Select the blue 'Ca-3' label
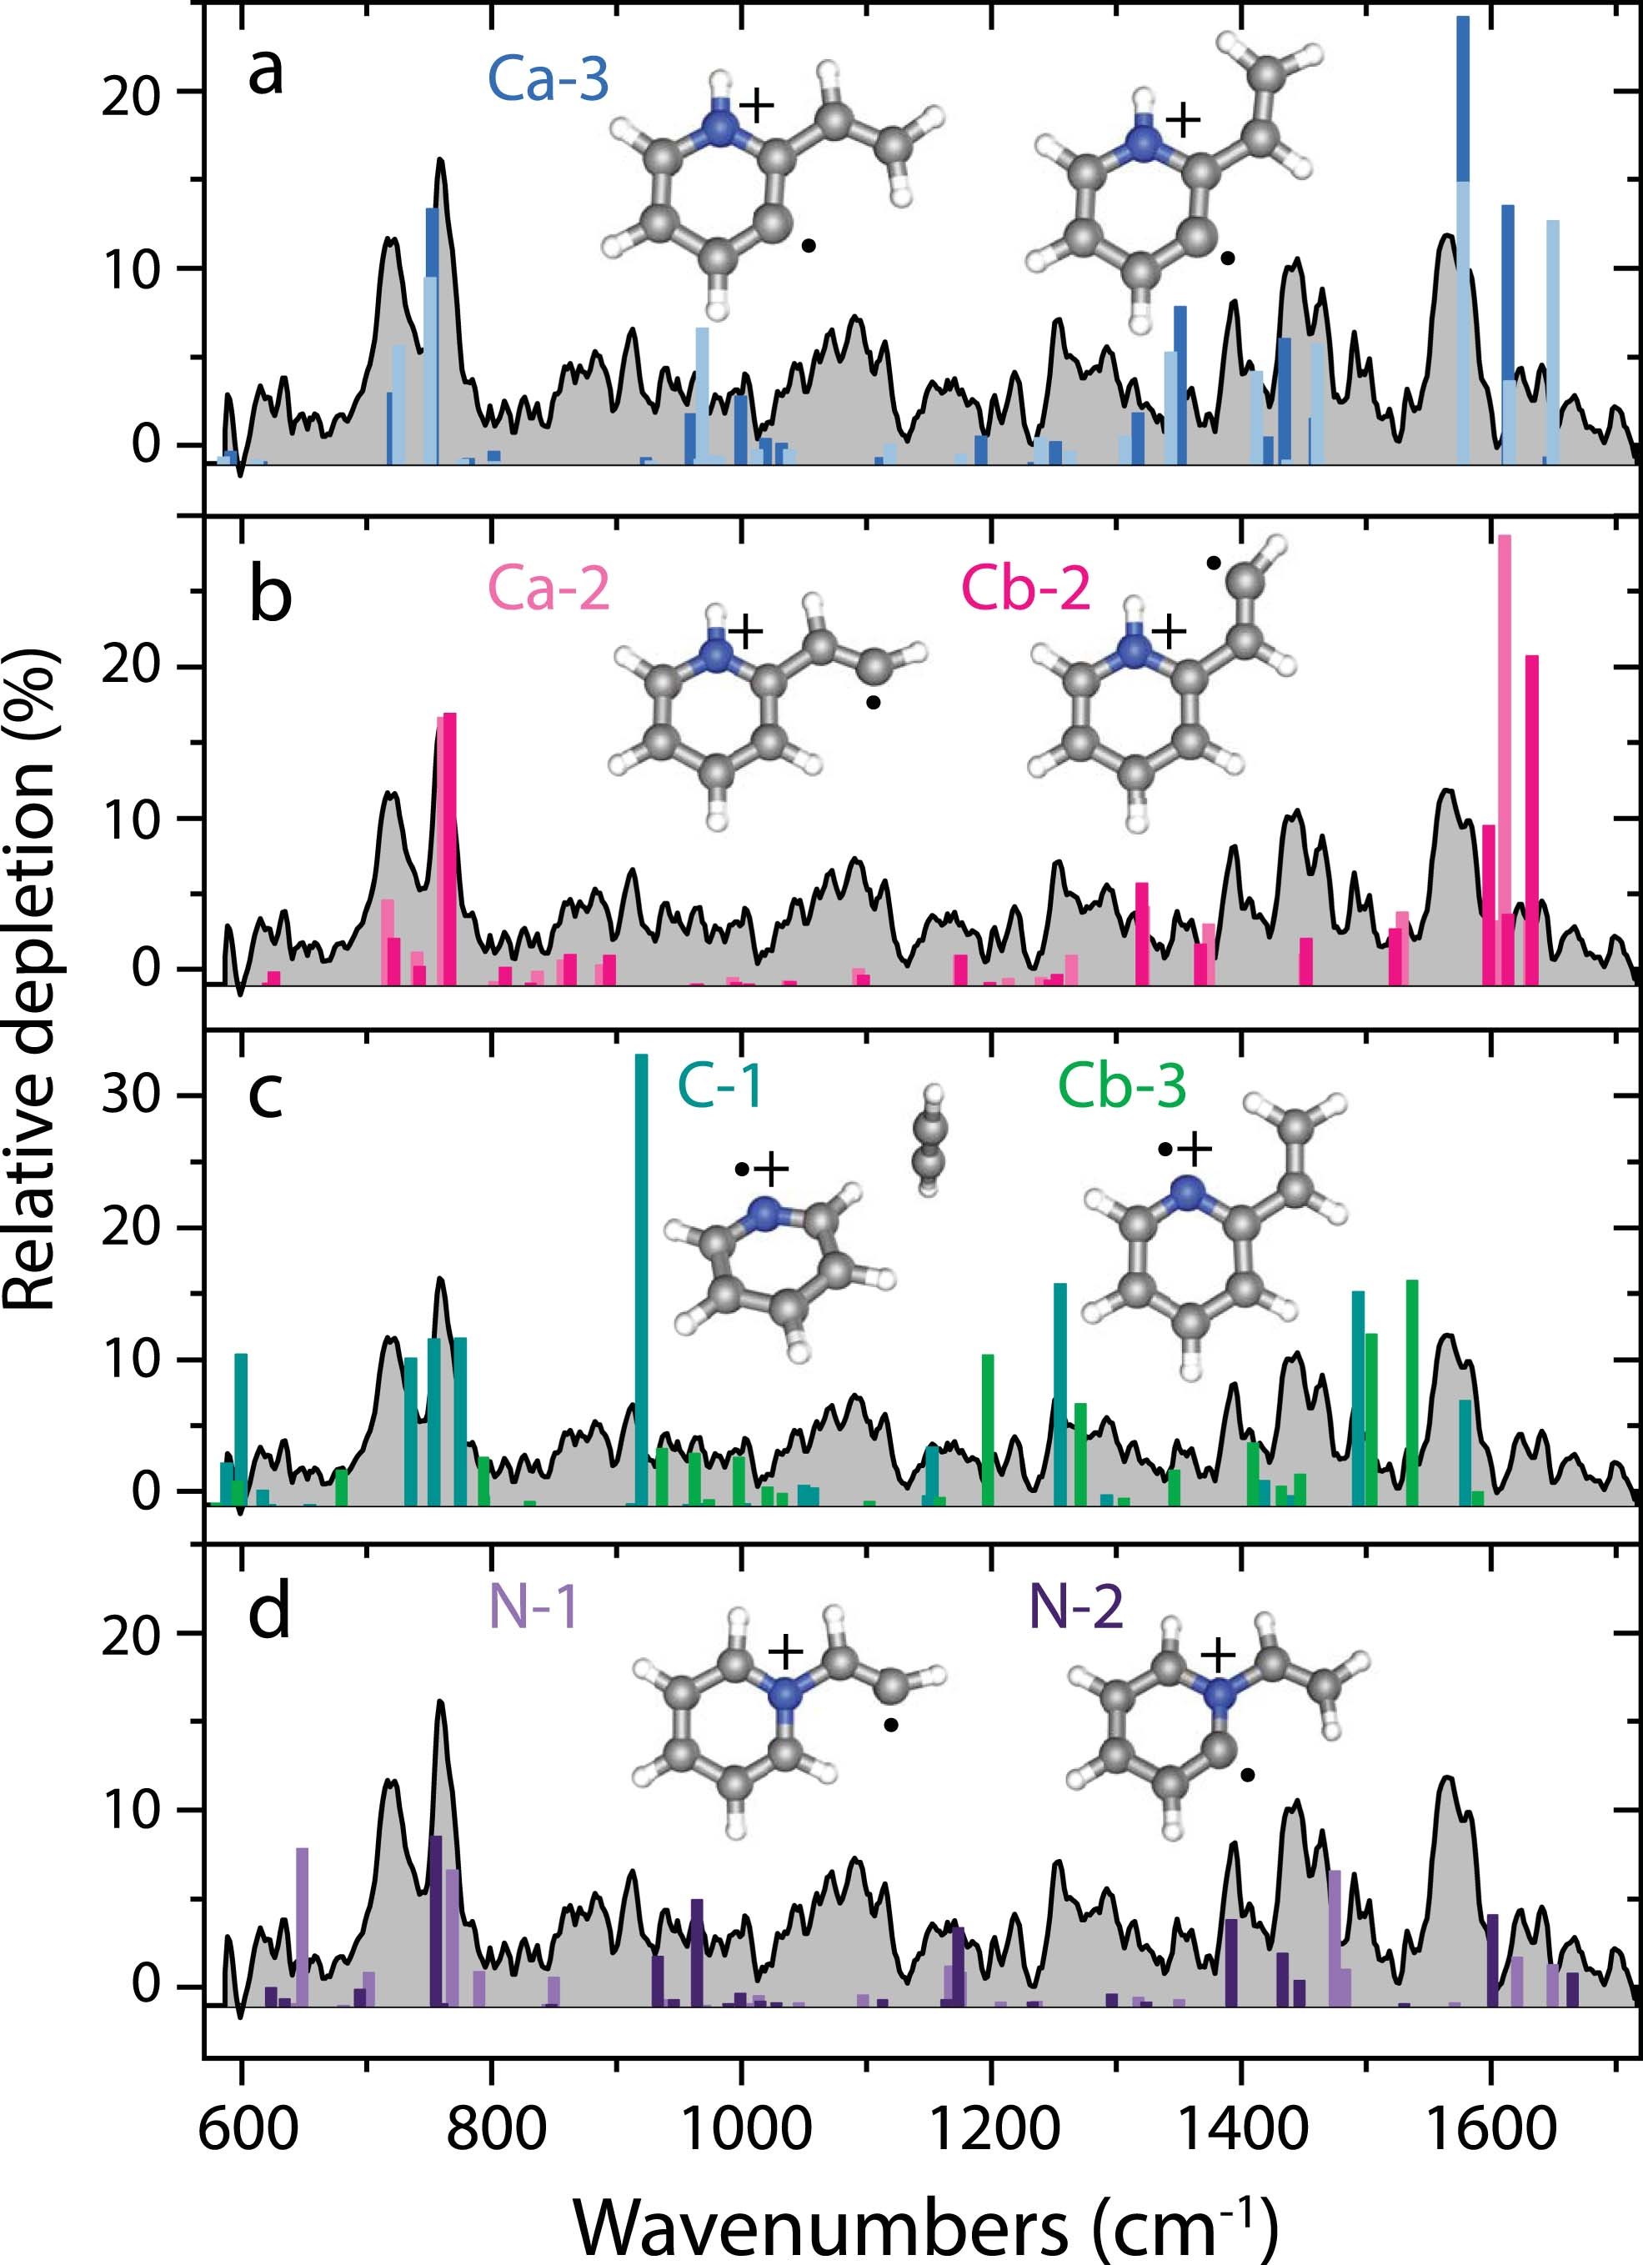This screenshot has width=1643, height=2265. coord(549,80)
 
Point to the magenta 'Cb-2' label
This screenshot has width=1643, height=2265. coord(1026,589)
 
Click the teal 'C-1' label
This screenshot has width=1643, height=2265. coord(720,1085)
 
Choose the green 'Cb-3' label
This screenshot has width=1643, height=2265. coord(1123,1085)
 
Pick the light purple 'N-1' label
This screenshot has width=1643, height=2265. coord(533,1608)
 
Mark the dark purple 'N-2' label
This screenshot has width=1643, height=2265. coord(1075,1608)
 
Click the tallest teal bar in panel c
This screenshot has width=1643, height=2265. coord(641,1278)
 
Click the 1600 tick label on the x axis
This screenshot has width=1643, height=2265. coord(1492,2129)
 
